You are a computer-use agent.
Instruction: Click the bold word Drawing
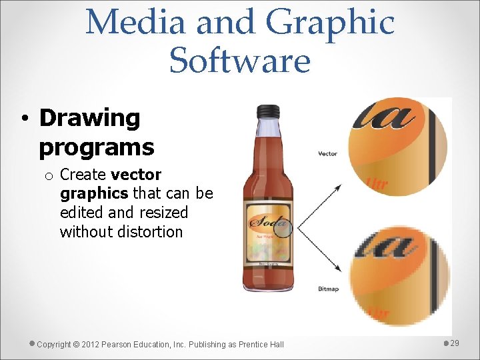(x=90, y=119)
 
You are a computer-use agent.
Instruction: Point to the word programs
(x=97, y=147)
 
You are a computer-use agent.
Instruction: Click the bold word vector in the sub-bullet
(x=136, y=175)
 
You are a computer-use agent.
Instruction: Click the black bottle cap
(x=268, y=111)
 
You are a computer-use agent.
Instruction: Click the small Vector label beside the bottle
(x=327, y=154)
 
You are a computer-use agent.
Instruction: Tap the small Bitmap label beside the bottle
(x=327, y=289)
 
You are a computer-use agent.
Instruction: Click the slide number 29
(x=455, y=343)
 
